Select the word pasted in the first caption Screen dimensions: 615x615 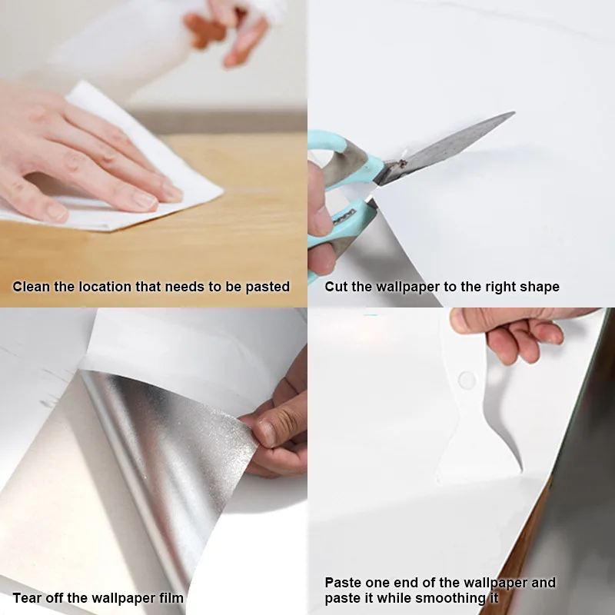(x=268, y=287)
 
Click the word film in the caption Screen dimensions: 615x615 (x=171, y=598)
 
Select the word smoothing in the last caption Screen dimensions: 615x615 (x=450, y=599)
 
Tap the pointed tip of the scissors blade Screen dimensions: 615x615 (x=514, y=112)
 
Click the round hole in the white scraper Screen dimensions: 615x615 (x=467, y=380)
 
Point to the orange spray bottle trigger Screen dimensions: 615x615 (x=204, y=29)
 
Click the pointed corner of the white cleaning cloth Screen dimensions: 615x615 (x=222, y=191)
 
